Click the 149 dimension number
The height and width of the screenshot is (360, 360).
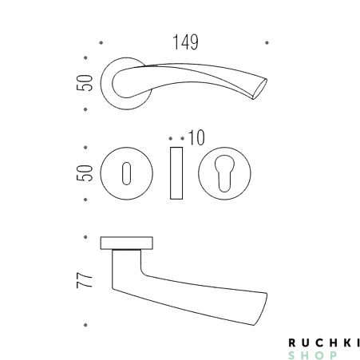(x=185, y=42)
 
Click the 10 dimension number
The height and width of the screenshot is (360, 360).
(x=196, y=137)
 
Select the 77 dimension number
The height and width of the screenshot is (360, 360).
(x=85, y=280)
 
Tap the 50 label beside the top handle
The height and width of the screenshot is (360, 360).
(x=85, y=83)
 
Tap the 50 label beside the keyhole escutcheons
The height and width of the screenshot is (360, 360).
(x=85, y=173)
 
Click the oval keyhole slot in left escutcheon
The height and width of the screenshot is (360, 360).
(x=126, y=173)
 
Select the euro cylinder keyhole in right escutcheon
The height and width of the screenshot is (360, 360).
(x=224, y=173)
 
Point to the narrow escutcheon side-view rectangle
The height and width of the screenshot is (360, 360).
(x=176, y=173)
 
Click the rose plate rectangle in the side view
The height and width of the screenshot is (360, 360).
(x=126, y=243)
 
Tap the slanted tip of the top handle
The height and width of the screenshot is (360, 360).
(x=259, y=89)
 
